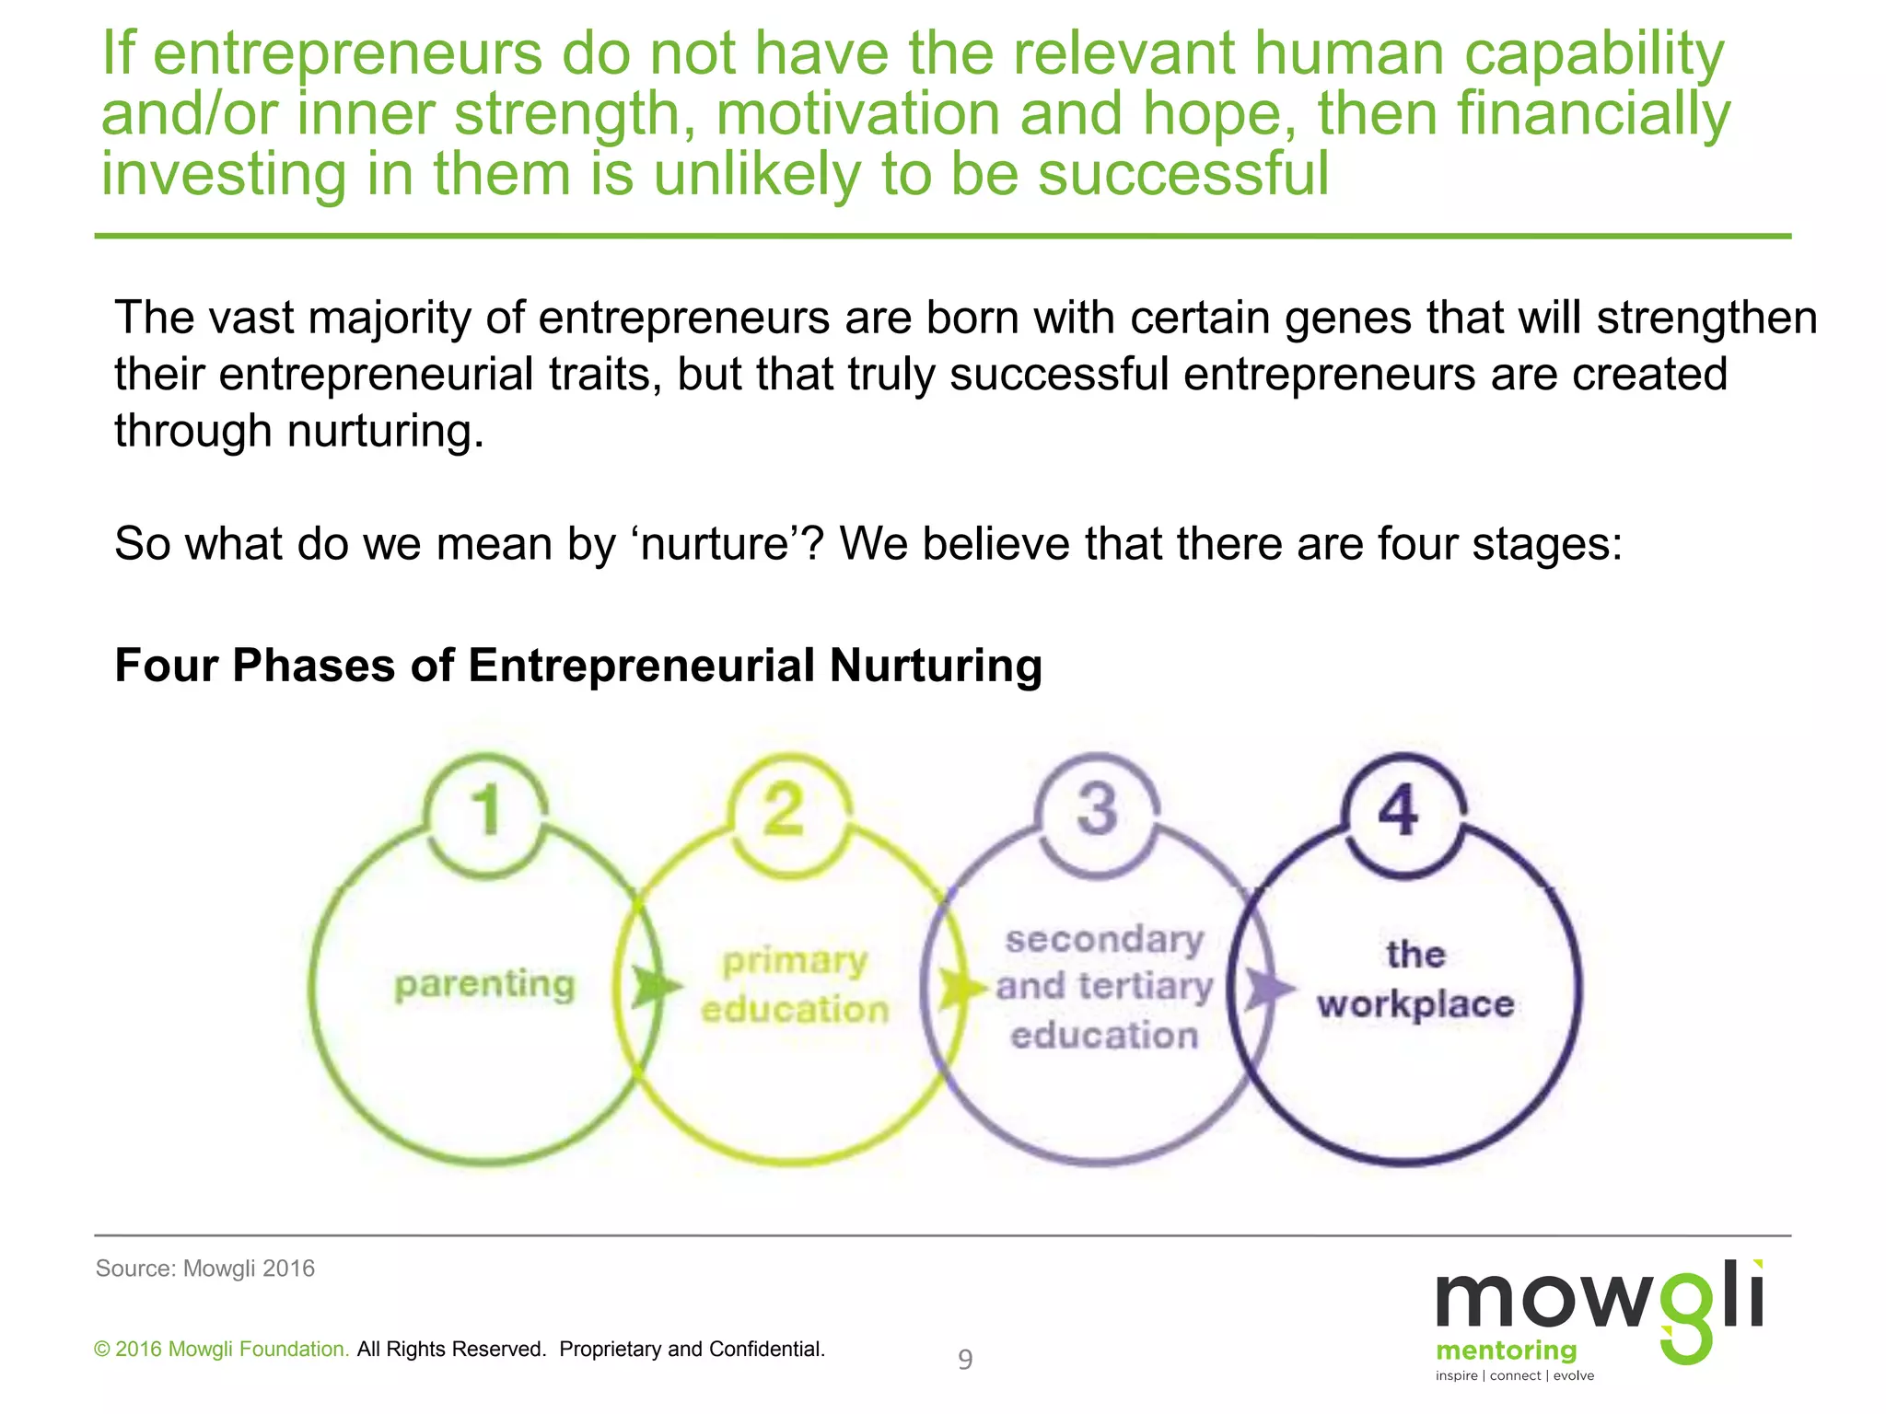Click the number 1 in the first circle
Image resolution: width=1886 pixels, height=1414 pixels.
tap(486, 810)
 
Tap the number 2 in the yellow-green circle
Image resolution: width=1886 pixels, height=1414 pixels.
tap(785, 810)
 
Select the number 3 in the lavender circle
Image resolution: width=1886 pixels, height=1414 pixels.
tap(1098, 810)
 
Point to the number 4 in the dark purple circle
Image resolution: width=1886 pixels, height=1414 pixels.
tap(1398, 810)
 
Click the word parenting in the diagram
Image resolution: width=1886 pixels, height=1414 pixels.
tap(484, 985)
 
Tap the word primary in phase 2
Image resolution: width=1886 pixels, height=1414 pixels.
tap(795, 962)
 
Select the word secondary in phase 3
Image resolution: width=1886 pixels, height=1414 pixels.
tap(1104, 940)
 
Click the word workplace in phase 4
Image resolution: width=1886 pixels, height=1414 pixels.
tap(1415, 1004)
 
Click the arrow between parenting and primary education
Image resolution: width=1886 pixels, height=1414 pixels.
tap(656, 988)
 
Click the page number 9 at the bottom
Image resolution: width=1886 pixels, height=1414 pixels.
tap(965, 1360)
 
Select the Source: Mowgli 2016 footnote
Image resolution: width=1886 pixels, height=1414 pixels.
tap(205, 1269)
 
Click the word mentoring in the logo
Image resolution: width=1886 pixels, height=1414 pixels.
tap(1507, 1350)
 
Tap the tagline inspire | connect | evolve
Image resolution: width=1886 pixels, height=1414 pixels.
tap(1515, 1375)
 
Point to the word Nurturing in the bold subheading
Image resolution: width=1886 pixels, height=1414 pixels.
tap(936, 665)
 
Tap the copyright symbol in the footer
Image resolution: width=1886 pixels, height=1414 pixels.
tap(102, 1350)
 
